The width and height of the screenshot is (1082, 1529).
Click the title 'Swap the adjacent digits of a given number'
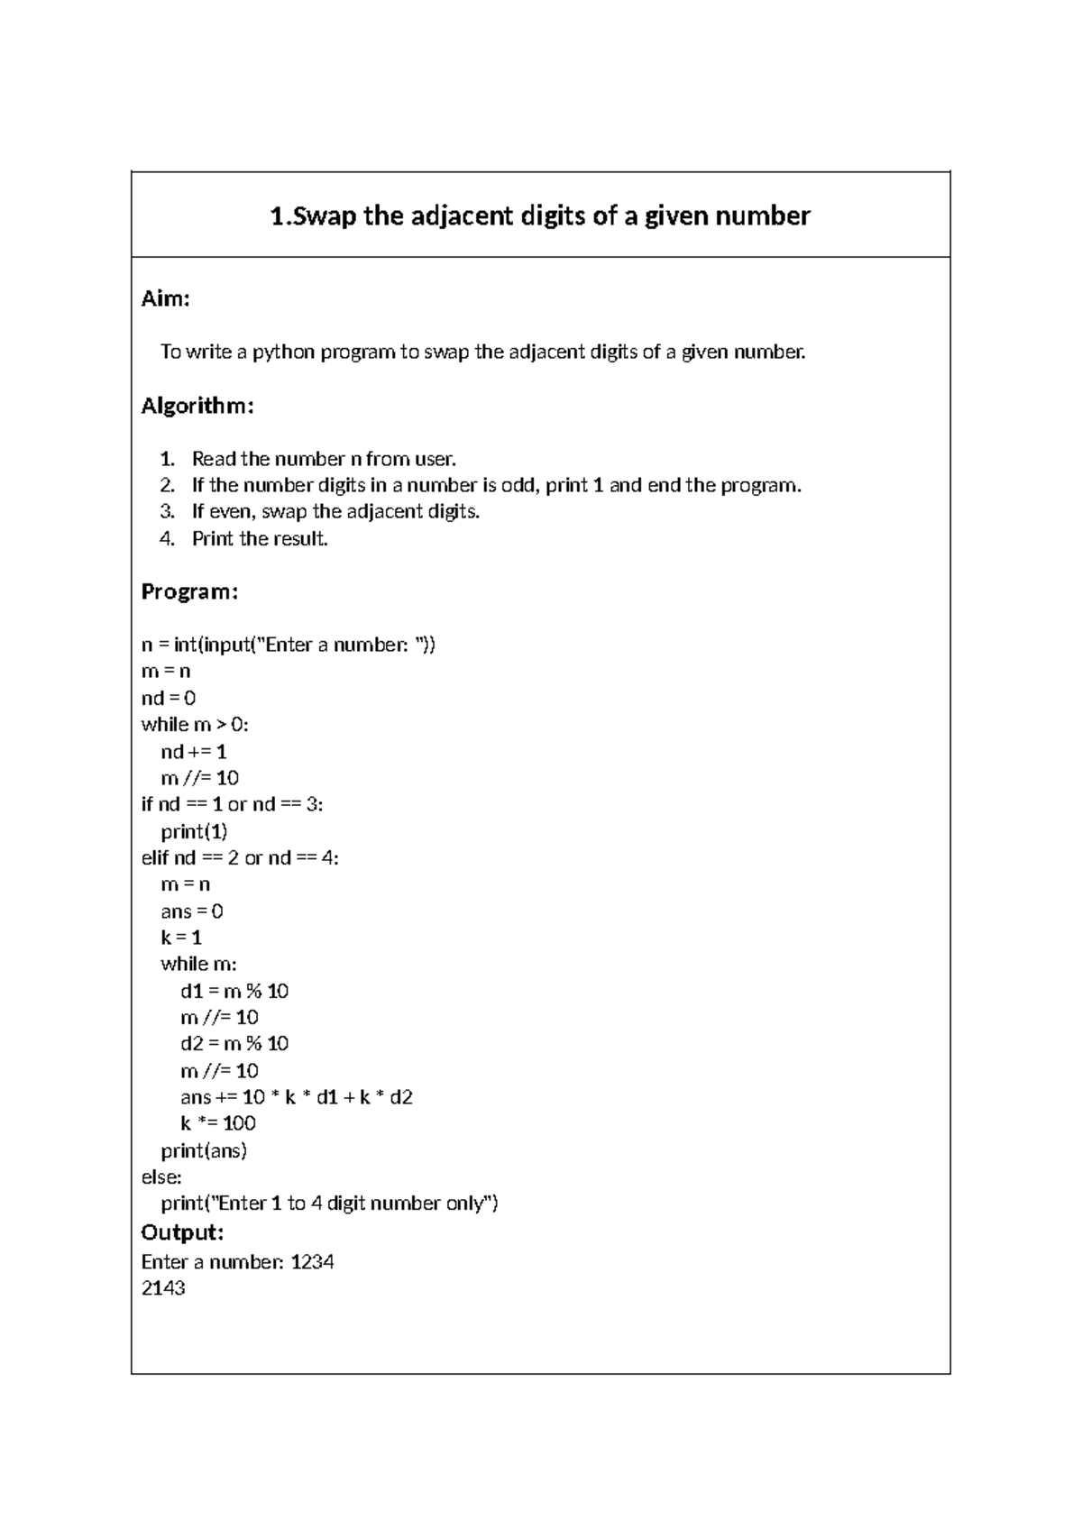pos(540,216)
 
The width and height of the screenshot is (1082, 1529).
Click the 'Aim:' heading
pos(165,299)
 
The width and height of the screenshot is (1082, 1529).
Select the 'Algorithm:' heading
pos(197,406)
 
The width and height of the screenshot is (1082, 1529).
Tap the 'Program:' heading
pos(189,591)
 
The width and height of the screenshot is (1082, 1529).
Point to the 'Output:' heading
pos(182,1232)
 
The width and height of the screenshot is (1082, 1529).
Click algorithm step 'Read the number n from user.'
pos(324,459)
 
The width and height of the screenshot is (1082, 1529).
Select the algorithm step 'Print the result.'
pos(260,539)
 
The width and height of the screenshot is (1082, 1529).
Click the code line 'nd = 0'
pos(169,698)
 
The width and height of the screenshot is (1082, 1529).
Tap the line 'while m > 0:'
pos(195,724)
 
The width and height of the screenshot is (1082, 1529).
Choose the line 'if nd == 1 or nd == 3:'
pos(232,804)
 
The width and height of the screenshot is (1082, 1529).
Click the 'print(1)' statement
pos(194,831)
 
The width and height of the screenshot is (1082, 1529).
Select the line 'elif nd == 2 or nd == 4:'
pos(240,857)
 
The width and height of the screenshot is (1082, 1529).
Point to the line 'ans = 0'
pos(191,911)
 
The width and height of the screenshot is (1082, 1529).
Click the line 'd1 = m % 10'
pos(234,991)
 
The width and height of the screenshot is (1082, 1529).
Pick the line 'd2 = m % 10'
pos(234,1044)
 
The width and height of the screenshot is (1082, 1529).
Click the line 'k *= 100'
pos(217,1123)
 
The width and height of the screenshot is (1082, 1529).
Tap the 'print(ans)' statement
pos(204,1150)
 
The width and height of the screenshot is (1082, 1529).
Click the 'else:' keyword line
pos(161,1177)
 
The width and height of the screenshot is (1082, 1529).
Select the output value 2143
pos(163,1288)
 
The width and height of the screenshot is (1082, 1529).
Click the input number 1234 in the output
pos(312,1262)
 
